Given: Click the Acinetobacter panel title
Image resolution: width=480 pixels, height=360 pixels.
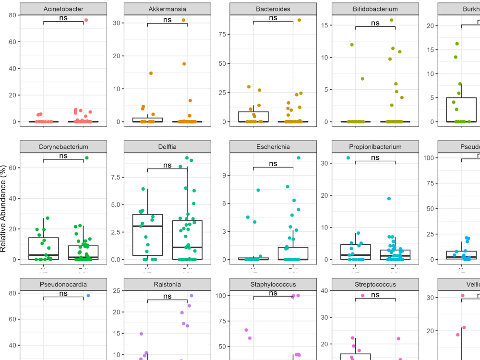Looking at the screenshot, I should [63, 9].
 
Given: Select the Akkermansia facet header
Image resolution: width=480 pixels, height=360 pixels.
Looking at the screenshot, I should [167, 9].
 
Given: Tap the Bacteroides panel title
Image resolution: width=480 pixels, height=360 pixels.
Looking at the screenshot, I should [273, 9].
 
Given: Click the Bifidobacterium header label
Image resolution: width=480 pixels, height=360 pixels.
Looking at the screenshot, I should [375, 9].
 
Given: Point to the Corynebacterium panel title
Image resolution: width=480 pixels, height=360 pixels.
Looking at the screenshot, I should [63, 147].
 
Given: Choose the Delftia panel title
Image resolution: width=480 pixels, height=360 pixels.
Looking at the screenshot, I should [167, 147].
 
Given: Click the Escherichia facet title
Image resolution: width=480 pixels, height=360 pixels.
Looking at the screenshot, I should [273, 147].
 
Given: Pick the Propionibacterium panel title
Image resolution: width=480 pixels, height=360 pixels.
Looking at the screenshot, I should [375, 147].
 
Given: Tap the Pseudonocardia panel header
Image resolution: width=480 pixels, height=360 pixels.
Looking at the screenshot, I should [63, 284].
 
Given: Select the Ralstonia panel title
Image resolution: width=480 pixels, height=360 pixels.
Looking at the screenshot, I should [167, 284].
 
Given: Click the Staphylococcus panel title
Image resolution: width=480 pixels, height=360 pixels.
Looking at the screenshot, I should [273, 284].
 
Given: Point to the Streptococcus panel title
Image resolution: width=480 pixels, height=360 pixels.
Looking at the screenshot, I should [375, 284].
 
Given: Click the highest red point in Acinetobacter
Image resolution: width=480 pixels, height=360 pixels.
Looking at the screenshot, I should [86, 20].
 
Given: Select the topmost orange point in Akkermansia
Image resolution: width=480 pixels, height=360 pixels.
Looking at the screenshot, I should [183, 20].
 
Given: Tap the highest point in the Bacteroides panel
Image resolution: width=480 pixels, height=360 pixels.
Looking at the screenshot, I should [299, 20].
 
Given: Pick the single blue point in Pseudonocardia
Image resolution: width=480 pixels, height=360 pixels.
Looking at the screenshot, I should [88, 295].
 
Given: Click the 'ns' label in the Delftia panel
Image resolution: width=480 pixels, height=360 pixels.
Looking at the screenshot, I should [167, 165].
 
